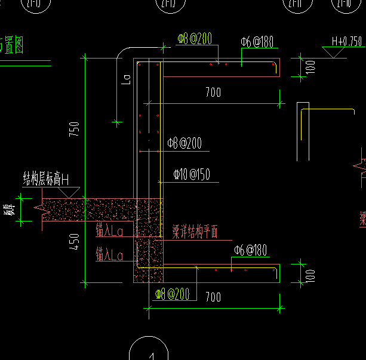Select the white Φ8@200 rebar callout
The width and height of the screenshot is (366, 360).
[x=184, y=143]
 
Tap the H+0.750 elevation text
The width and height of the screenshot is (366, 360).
[x=346, y=42]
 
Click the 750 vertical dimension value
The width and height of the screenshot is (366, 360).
[x=75, y=130]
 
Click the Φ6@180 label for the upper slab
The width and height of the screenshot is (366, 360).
[x=257, y=42]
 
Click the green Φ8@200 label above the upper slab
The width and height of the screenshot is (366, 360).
[x=195, y=39]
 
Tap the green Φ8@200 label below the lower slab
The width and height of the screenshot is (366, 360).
[x=172, y=294]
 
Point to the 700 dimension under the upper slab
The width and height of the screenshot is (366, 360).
[x=213, y=92]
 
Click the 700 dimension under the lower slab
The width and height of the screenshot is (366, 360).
[x=213, y=297]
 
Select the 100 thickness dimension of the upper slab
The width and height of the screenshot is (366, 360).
[x=310, y=66]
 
